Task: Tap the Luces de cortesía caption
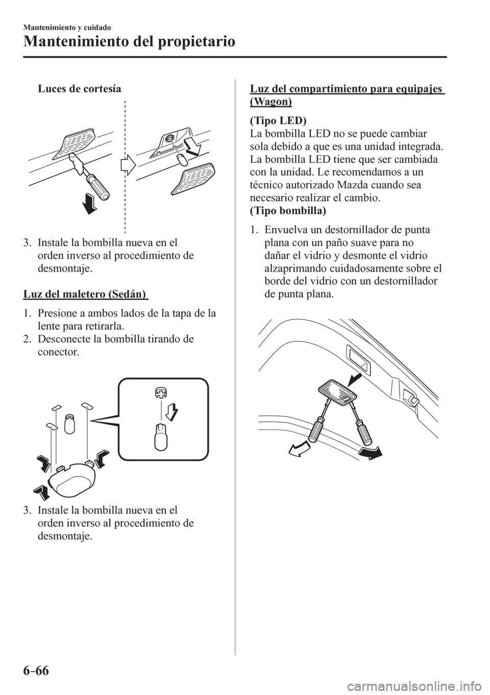[79, 88]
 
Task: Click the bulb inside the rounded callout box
[160, 435]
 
